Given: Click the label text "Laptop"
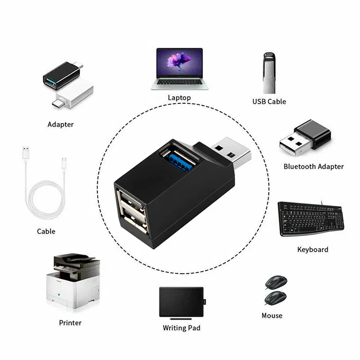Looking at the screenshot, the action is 179,98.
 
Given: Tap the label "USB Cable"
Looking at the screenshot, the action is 269,101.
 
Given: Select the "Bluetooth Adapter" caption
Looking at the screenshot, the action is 314,167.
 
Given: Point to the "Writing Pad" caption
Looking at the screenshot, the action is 182,328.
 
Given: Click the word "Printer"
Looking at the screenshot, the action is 70,323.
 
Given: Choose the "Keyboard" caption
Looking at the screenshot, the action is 313,249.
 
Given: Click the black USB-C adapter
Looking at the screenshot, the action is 63,75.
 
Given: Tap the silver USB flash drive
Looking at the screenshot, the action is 269,73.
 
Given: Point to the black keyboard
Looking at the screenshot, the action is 311,219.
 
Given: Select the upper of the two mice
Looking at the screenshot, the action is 276,282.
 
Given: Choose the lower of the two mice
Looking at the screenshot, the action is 275,298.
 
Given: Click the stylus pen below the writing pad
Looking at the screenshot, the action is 181,319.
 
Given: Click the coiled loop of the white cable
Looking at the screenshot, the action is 45,200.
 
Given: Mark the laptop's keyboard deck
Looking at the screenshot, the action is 180,83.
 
